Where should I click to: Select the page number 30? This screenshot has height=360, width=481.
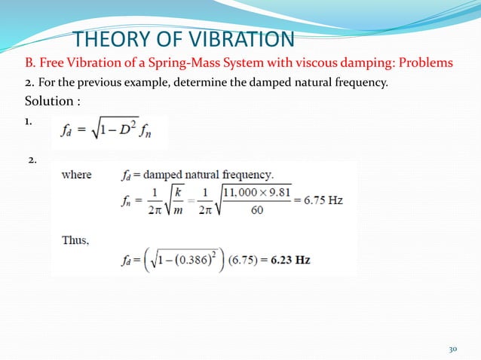tap(453, 349)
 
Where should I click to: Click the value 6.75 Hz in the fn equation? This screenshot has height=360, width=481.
tap(325, 202)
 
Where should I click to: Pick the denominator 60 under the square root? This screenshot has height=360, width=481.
tap(256, 211)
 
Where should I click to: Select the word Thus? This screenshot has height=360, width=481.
tap(75, 241)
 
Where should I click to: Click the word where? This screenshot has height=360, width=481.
tap(77, 175)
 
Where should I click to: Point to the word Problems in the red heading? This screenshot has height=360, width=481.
tap(427, 61)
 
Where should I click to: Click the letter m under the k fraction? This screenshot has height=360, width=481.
tap(183, 211)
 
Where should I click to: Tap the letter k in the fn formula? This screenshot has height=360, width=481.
tap(183, 193)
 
